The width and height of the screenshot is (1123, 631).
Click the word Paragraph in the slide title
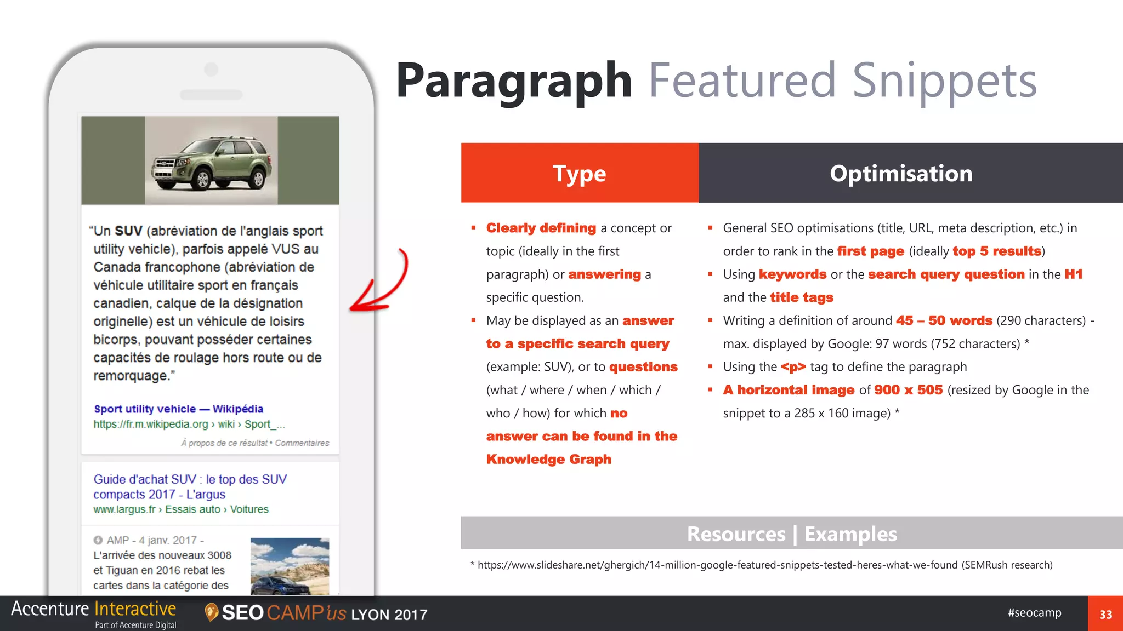pyautogui.click(x=514, y=81)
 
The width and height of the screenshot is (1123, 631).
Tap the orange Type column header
pyautogui.click(x=580, y=173)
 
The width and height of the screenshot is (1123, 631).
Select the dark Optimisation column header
pyautogui.click(x=900, y=173)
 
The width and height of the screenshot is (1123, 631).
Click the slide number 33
pyautogui.click(x=1105, y=614)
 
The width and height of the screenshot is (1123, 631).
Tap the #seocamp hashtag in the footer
pyautogui.click(x=1034, y=612)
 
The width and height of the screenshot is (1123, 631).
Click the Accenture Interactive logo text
pyautogui.click(x=93, y=609)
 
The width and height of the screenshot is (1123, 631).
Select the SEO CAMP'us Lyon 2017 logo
pyautogui.click(x=317, y=613)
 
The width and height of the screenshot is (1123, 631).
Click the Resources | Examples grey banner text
pyautogui.click(x=792, y=534)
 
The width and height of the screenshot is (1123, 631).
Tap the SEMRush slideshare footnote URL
pyautogui.click(x=717, y=565)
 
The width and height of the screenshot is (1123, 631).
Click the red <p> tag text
pyautogui.click(x=793, y=367)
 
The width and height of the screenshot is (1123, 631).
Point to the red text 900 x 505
pyautogui.click(x=908, y=390)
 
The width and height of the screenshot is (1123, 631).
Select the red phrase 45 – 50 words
pyautogui.click(x=944, y=320)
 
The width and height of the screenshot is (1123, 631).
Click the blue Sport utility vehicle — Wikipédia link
pyautogui.click(x=178, y=409)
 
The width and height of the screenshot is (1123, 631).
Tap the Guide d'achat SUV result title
pyautogui.click(x=189, y=486)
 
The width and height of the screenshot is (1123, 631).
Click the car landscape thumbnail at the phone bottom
pyautogui.click(x=290, y=566)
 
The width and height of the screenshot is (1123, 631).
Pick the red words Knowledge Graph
pyautogui.click(x=548, y=459)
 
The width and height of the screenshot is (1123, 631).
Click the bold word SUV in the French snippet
pyautogui.click(x=128, y=231)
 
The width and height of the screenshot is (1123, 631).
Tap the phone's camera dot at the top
pyautogui.click(x=211, y=70)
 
